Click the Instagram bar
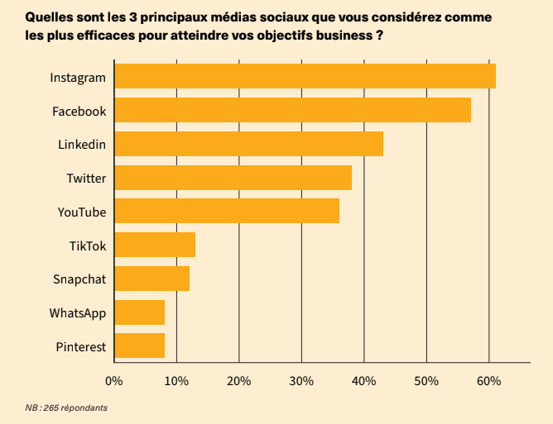point(305,76)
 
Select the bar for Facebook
point(292,110)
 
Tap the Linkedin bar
point(248,144)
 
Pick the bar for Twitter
point(233,178)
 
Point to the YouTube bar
point(227,211)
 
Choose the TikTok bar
point(155,245)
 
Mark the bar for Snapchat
point(151,279)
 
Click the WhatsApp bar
point(139,312)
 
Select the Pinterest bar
point(139,345)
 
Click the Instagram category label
point(78,77)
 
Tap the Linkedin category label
point(82,145)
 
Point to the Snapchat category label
point(79,279)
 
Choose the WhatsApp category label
point(78,313)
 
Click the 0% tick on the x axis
point(113,381)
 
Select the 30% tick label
point(301,381)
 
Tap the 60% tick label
point(488,381)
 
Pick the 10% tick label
point(176,381)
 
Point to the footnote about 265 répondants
point(66,407)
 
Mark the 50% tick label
point(426,381)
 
